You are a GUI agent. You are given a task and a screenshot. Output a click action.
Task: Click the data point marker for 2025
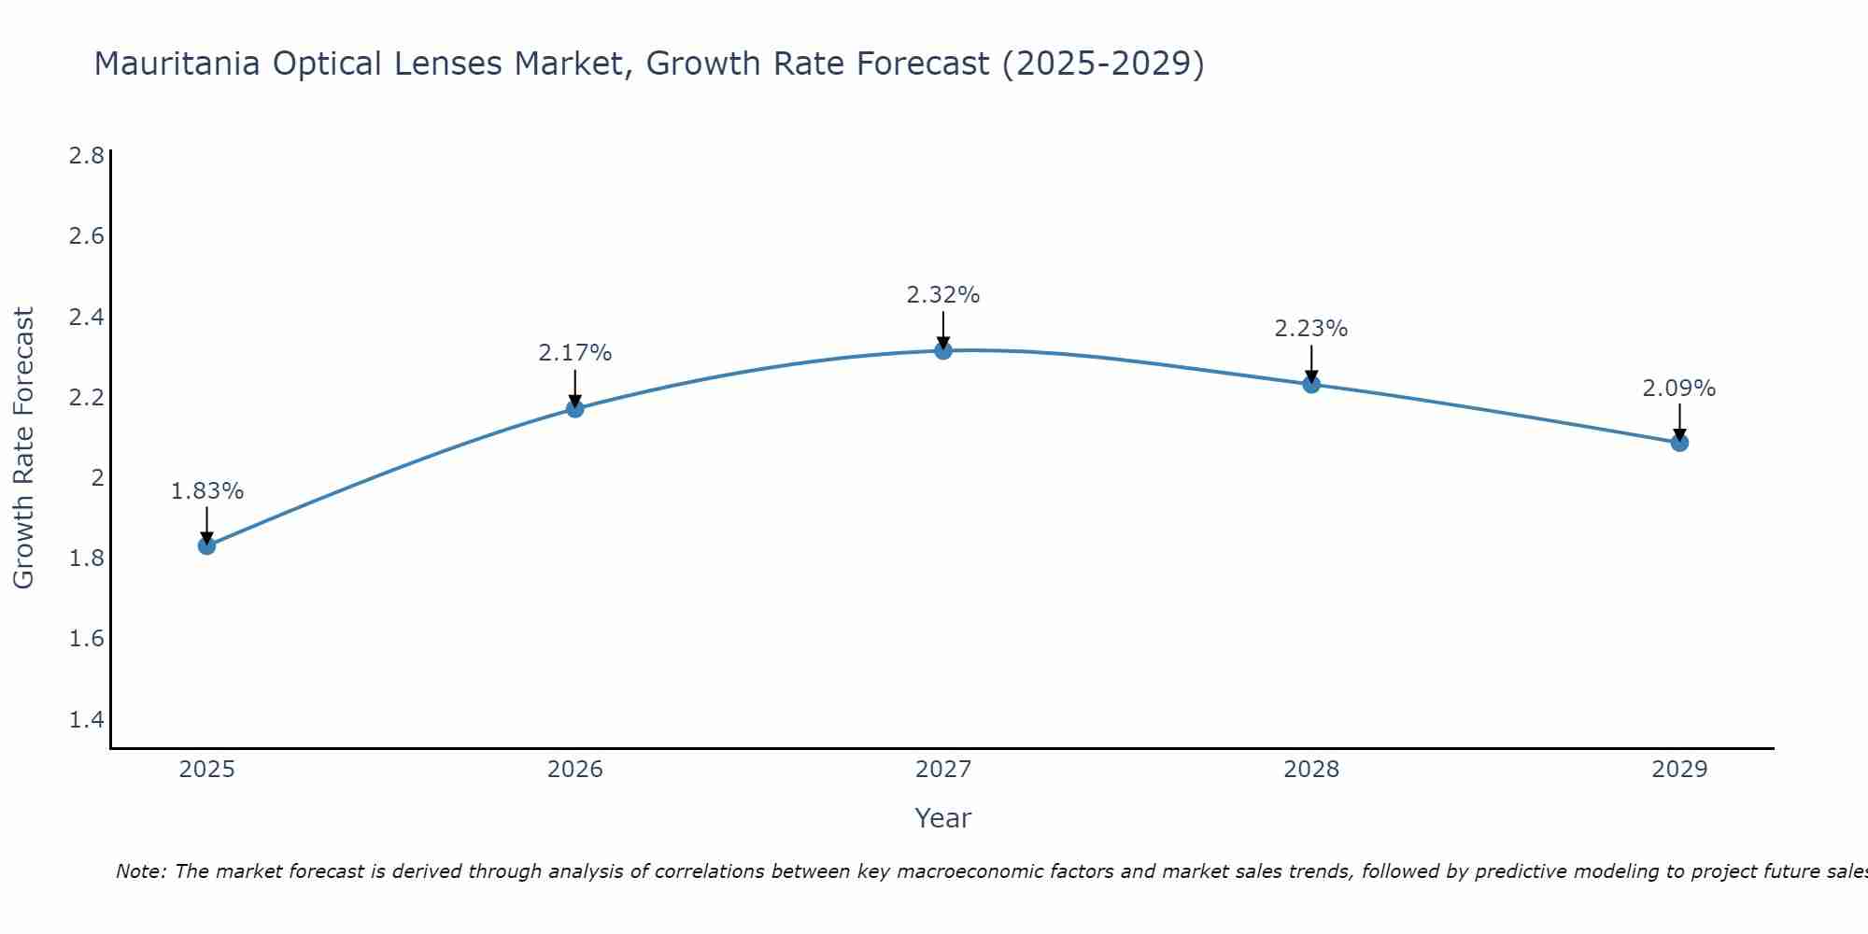click(207, 545)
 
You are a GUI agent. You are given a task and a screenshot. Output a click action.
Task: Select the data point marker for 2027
click(943, 350)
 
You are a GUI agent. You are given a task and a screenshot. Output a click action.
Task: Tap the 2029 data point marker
click(1679, 443)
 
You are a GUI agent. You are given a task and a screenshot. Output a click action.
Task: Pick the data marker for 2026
click(575, 409)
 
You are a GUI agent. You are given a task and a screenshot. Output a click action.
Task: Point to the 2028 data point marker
click(1311, 384)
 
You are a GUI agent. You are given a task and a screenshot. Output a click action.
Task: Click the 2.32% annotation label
click(943, 295)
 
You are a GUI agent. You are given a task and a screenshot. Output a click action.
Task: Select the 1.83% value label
click(207, 491)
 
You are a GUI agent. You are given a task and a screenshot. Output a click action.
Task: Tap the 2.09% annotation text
click(1679, 389)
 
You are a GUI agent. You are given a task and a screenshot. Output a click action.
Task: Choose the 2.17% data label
click(575, 353)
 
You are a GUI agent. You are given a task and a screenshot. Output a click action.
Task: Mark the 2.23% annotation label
click(1311, 329)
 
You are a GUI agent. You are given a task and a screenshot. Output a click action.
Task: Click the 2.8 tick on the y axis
click(87, 155)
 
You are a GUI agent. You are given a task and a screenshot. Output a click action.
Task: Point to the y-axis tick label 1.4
click(87, 719)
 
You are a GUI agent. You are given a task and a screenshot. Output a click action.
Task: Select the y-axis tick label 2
click(96, 478)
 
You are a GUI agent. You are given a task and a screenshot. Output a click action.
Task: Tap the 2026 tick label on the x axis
click(575, 770)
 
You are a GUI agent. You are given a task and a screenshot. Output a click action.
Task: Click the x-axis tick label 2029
click(1679, 770)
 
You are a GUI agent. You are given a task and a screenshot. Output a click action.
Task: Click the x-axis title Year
click(943, 818)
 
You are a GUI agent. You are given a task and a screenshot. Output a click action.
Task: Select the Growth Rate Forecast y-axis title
click(24, 448)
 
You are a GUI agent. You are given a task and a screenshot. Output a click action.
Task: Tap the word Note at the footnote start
click(140, 871)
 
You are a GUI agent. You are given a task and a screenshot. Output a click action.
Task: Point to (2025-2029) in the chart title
click(1102, 64)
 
